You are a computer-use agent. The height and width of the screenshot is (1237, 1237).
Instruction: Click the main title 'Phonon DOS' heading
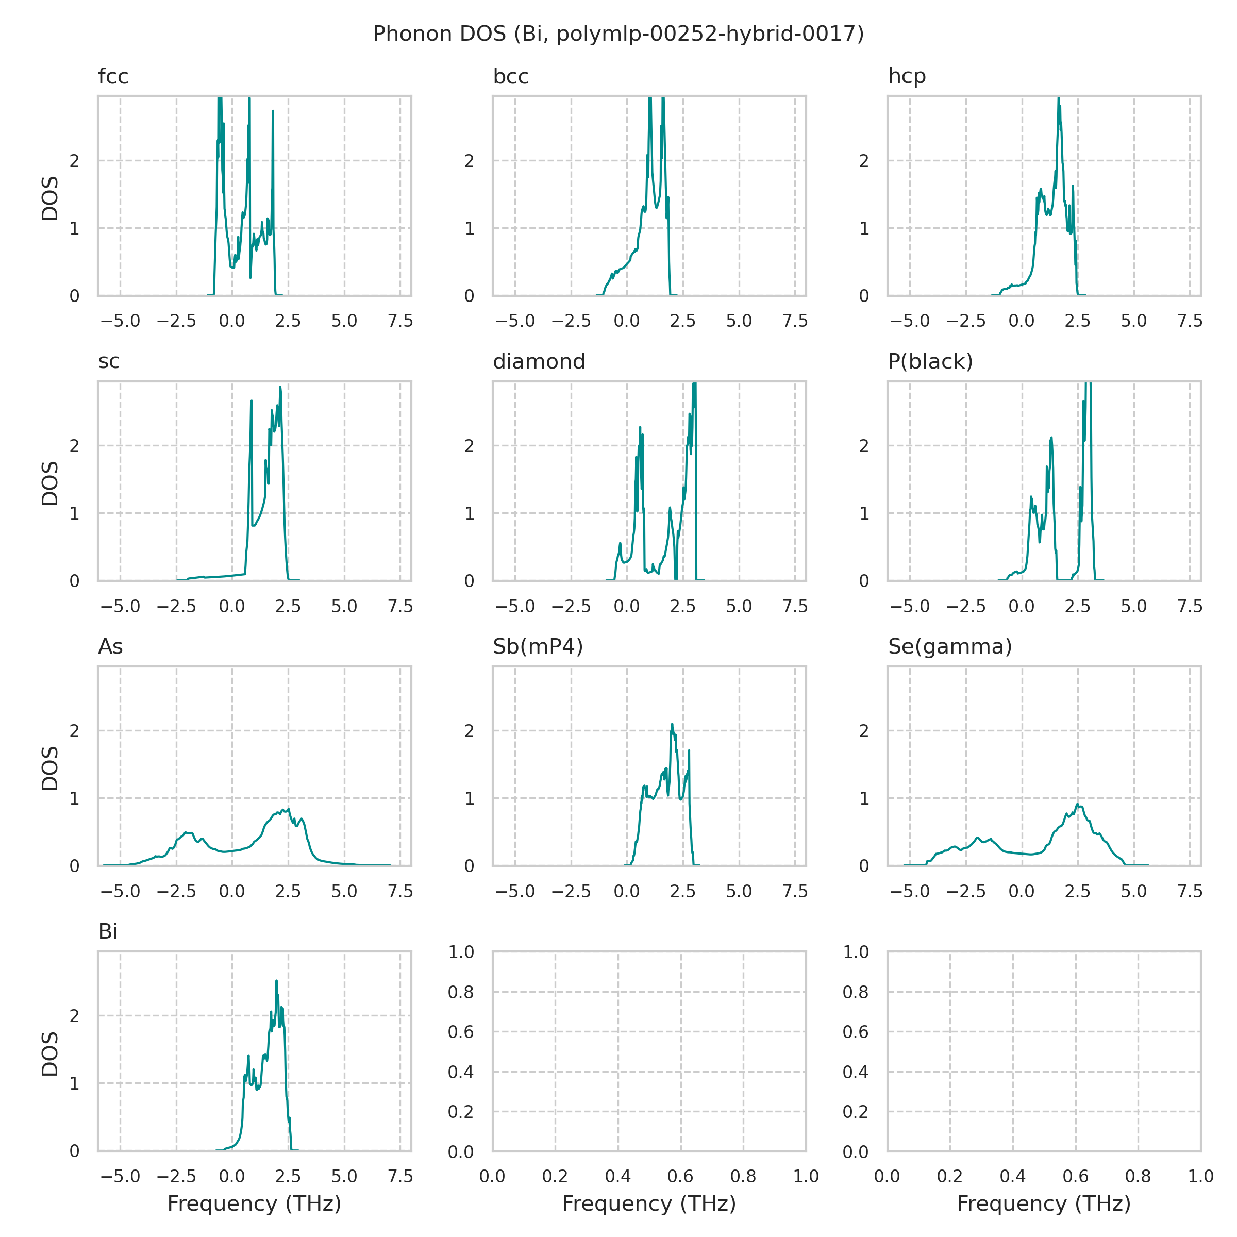(x=618, y=34)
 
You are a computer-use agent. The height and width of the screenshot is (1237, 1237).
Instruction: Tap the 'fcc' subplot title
(x=113, y=77)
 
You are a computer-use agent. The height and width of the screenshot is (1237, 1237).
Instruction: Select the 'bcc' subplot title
(x=510, y=77)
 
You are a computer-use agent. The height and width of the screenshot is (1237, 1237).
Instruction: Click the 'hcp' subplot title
(x=907, y=77)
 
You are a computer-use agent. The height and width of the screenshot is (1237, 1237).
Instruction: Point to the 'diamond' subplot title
(x=539, y=362)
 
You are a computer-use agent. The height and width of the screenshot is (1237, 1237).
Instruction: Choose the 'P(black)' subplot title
(x=930, y=362)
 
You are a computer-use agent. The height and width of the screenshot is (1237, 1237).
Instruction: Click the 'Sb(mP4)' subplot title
(x=537, y=647)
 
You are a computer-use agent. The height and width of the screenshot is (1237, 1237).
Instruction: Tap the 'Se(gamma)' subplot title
(x=949, y=647)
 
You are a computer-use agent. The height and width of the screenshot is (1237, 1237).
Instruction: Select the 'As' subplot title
(x=110, y=647)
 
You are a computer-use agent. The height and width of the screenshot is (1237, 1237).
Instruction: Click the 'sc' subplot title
(x=109, y=362)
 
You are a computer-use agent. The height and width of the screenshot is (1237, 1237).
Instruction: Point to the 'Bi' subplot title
(x=108, y=931)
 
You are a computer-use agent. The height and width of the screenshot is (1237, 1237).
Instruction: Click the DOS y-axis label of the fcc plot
(x=50, y=198)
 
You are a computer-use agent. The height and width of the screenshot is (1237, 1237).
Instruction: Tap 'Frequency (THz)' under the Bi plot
(x=254, y=1203)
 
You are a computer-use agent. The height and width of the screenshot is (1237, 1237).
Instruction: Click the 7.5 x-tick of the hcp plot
(x=1190, y=321)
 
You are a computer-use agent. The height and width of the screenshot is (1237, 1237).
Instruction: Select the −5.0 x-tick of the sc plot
(x=121, y=606)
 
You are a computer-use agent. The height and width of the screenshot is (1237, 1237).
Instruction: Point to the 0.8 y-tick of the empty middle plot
(x=460, y=992)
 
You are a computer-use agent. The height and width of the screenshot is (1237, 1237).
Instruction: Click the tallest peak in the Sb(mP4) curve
(x=672, y=725)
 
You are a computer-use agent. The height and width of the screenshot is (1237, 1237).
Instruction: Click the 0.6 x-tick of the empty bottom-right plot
(x=1076, y=1176)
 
